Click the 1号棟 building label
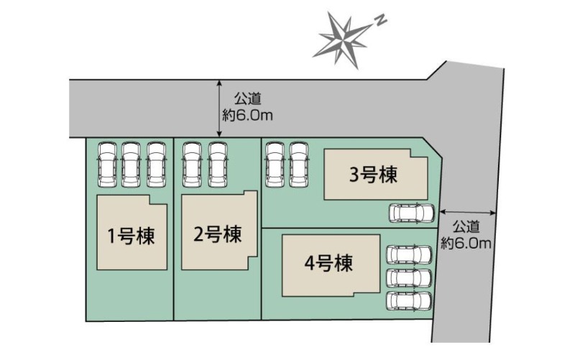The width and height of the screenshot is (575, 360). [x=131, y=236]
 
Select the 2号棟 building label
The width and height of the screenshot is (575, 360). [x=218, y=234]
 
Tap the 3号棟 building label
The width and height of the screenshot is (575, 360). [x=373, y=175]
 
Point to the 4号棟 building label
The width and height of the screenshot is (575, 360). [x=328, y=262]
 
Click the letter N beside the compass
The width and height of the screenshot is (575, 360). [x=381, y=21]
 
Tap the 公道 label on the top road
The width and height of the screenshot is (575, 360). [x=248, y=98]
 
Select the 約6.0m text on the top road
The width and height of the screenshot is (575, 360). [x=247, y=116]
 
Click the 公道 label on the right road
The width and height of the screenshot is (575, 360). [x=466, y=226]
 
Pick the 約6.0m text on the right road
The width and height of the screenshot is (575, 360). [x=466, y=243]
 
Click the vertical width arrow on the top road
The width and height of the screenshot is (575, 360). [x=219, y=109]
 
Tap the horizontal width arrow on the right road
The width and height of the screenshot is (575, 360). [x=468, y=212]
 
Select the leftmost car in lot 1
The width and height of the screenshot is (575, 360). [x=107, y=165]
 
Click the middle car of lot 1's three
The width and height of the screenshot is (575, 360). [x=131, y=165]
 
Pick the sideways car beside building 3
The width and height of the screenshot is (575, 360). [x=411, y=213]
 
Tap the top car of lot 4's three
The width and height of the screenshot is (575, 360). [x=410, y=255]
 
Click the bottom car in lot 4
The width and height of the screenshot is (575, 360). [x=410, y=301]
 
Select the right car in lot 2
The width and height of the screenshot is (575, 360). [x=218, y=165]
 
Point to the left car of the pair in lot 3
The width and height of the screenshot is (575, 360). [x=275, y=165]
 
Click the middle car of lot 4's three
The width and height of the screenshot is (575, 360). [x=410, y=278]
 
